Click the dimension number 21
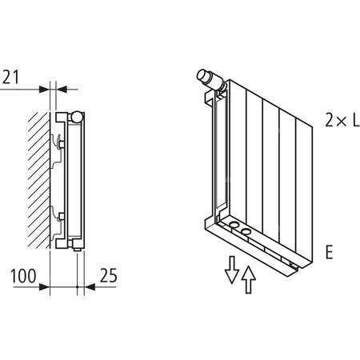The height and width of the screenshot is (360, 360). pos(10,77)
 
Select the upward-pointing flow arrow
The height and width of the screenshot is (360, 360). pos(250,279)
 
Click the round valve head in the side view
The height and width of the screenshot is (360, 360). pos(75,117)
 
